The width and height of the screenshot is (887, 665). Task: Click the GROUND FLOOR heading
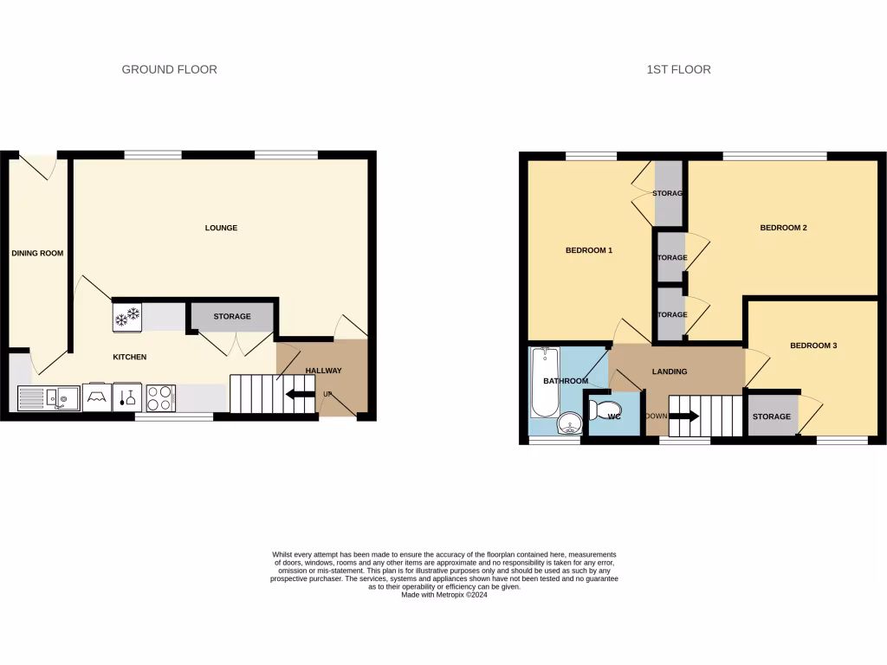[169, 69]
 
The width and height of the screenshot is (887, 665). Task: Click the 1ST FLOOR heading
[678, 69]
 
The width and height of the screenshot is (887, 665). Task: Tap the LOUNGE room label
[221, 229]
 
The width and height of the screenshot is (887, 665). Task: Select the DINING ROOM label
[37, 254]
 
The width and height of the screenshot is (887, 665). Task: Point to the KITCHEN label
[130, 357]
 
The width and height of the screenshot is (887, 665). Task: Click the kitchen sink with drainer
[49, 398]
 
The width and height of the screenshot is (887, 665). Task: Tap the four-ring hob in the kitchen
[160, 397]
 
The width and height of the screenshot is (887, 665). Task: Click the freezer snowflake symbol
[127, 316]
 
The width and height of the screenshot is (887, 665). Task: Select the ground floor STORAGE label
[232, 317]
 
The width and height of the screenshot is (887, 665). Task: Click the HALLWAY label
[323, 371]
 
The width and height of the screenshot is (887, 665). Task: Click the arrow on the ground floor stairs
[300, 395]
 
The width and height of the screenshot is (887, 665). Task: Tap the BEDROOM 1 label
[589, 251]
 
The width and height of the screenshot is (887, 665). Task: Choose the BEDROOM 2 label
[783, 229]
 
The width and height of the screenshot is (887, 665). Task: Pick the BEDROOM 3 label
[813, 345]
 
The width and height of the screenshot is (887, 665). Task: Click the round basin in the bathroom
[569, 423]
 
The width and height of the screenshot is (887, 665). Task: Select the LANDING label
[670, 371]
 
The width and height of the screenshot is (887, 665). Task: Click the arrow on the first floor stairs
[684, 416]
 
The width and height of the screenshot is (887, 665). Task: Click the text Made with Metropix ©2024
[443, 595]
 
